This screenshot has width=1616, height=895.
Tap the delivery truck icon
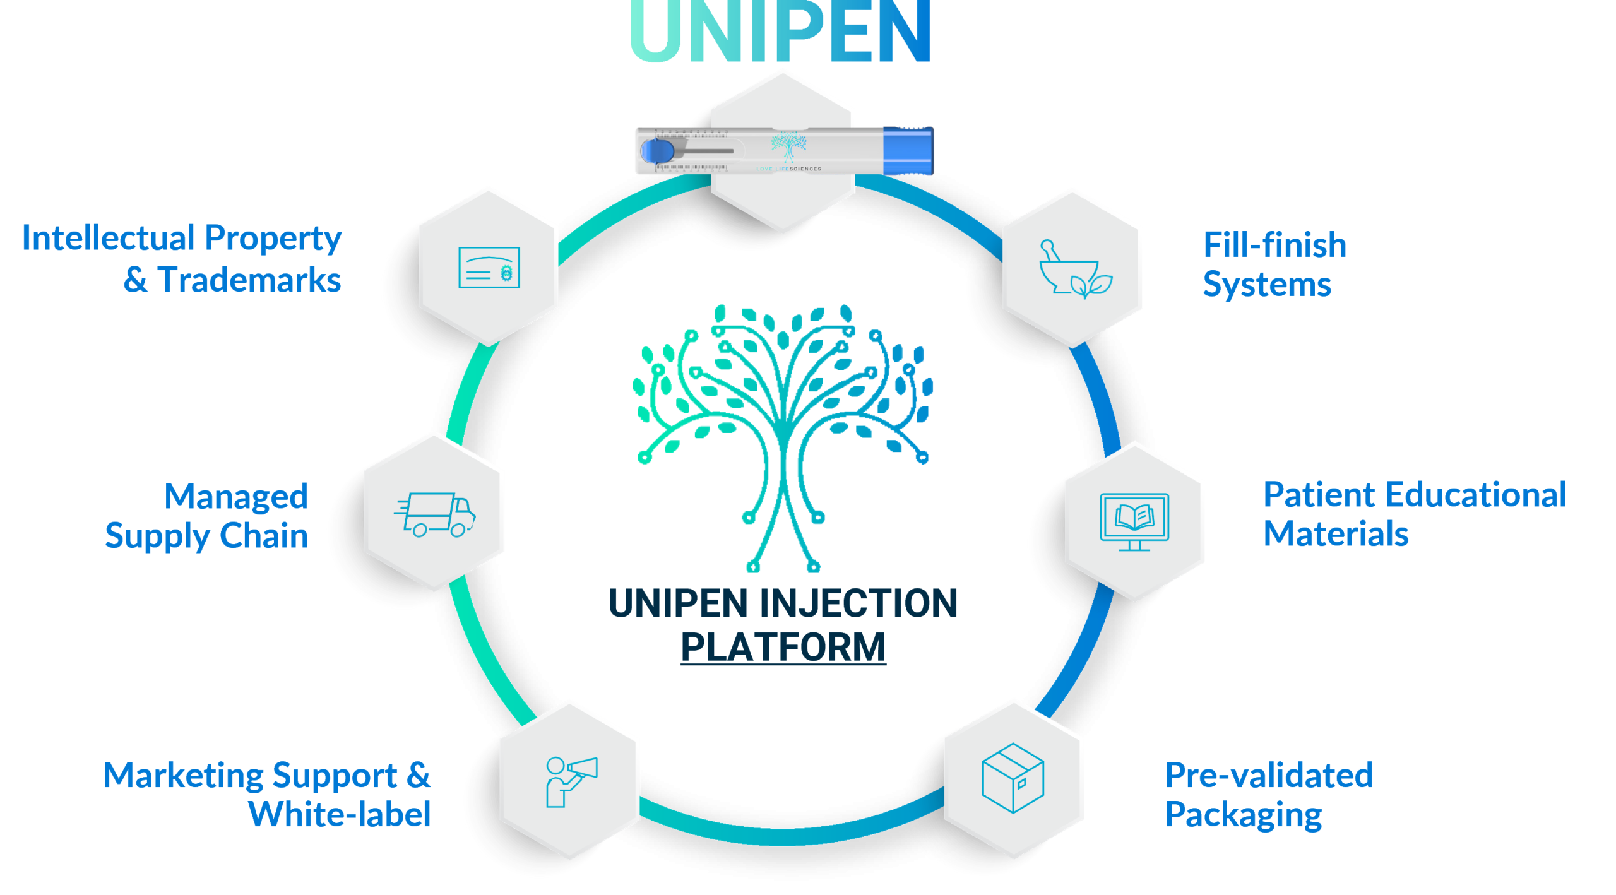pos(435,514)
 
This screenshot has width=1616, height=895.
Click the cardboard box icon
pos(1013,778)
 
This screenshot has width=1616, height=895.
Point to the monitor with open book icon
pos(1134,521)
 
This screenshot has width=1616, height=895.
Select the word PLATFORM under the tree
pos(783,648)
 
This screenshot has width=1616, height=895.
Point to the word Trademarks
pos(249,280)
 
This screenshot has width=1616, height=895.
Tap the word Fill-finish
pos(1274,245)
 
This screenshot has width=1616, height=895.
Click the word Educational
pos(1476,495)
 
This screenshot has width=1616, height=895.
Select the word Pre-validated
pos(1269,776)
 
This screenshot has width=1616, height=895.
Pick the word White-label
pos(340,815)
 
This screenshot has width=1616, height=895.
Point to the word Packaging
pos(1243,815)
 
